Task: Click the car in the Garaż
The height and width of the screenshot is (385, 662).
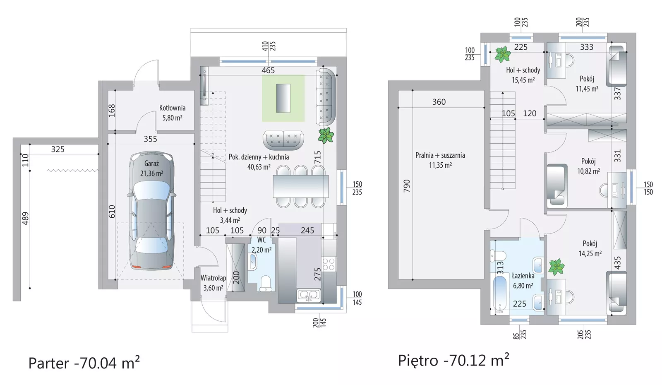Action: coord(151,211)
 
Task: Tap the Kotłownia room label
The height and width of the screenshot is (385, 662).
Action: coord(172,108)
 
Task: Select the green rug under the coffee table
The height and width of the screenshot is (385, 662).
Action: coord(283,98)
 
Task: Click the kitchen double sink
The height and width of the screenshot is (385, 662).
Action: coord(309,295)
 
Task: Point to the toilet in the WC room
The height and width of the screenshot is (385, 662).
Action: coord(265,284)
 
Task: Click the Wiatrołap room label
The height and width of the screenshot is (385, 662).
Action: coord(213,278)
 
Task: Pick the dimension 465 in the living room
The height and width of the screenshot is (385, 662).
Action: coord(268,70)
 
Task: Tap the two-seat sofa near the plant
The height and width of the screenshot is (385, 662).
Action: coord(283,140)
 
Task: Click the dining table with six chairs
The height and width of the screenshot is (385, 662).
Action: coord(300,186)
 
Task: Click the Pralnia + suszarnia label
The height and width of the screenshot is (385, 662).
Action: coord(440,155)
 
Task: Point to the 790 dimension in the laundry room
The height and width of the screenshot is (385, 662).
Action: coord(407,186)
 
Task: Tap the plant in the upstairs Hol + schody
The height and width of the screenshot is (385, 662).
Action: coord(503,54)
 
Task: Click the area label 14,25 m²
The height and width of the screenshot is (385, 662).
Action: coord(590,254)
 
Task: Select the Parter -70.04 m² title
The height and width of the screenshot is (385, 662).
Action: coord(84,363)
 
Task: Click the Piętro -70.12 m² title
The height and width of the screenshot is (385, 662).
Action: coord(453,360)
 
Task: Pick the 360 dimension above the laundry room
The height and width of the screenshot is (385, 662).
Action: coord(439,102)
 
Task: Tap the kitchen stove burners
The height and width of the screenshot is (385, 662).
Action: coord(329,264)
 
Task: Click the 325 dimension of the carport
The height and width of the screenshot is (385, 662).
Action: coord(58,149)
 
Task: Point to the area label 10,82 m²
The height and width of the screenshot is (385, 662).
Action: coord(588,171)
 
